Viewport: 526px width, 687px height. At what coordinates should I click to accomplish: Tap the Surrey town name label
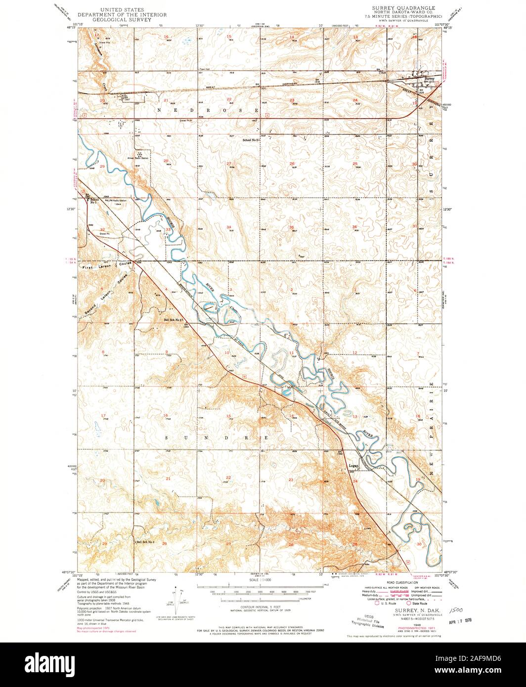(x=429, y=77)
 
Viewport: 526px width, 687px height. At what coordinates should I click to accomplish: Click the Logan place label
(x=353, y=465)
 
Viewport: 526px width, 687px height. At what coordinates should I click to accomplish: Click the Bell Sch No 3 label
(x=146, y=542)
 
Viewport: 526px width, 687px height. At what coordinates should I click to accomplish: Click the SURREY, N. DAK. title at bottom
(x=411, y=611)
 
